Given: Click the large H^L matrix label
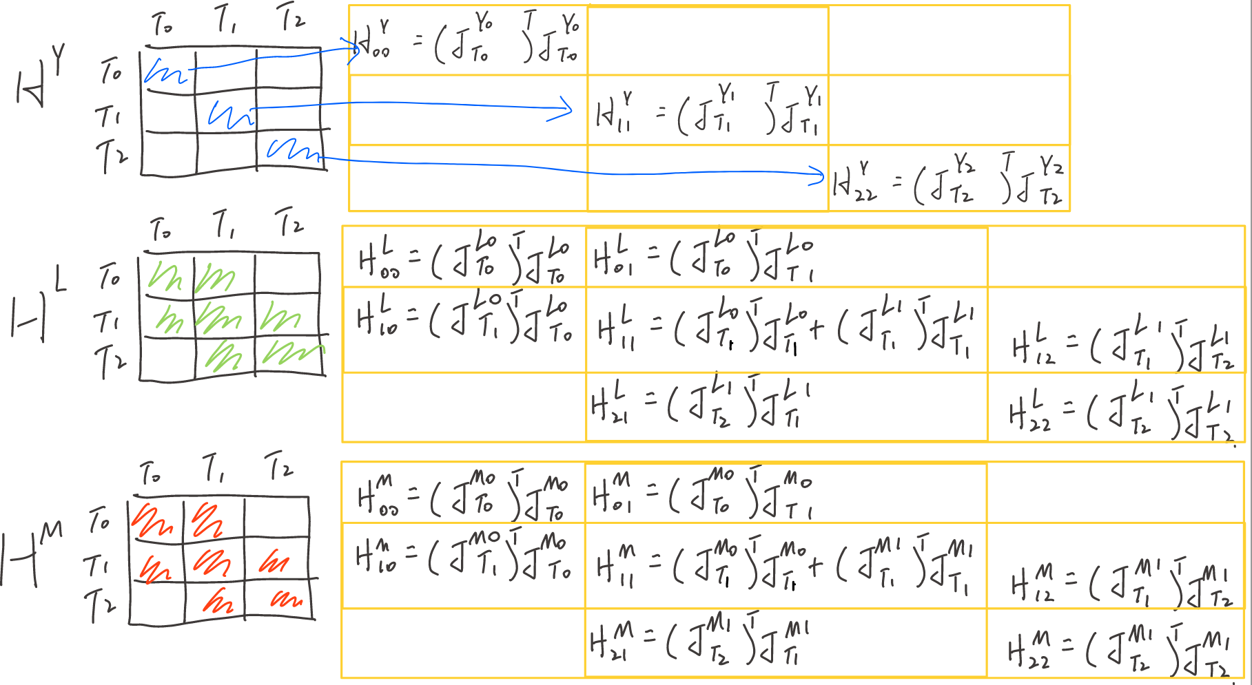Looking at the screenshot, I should click(38, 308).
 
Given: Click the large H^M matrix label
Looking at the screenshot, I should click(31, 554).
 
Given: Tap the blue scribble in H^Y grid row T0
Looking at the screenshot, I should click(165, 72).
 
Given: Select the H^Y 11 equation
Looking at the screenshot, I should click(708, 110).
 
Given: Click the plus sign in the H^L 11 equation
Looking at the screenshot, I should click(817, 328).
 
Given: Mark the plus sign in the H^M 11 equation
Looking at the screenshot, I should click(815, 566).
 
